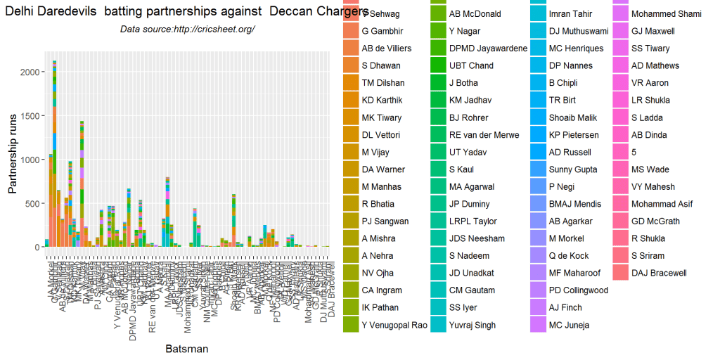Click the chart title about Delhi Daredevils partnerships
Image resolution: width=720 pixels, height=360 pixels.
click(x=186, y=13)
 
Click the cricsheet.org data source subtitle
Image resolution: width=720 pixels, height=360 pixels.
click(x=187, y=29)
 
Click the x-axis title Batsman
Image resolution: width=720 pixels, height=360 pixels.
click(x=186, y=348)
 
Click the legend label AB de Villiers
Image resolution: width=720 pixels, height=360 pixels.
click(x=386, y=49)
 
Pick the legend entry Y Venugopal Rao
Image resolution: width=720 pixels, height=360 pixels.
click(x=394, y=325)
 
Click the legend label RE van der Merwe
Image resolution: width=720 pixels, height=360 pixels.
click(x=484, y=135)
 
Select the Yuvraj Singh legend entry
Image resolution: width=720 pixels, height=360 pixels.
click(x=472, y=325)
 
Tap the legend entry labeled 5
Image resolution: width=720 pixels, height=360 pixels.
click(x=634, y=152)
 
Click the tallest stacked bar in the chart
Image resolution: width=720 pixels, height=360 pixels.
click(x=54, y=154)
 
